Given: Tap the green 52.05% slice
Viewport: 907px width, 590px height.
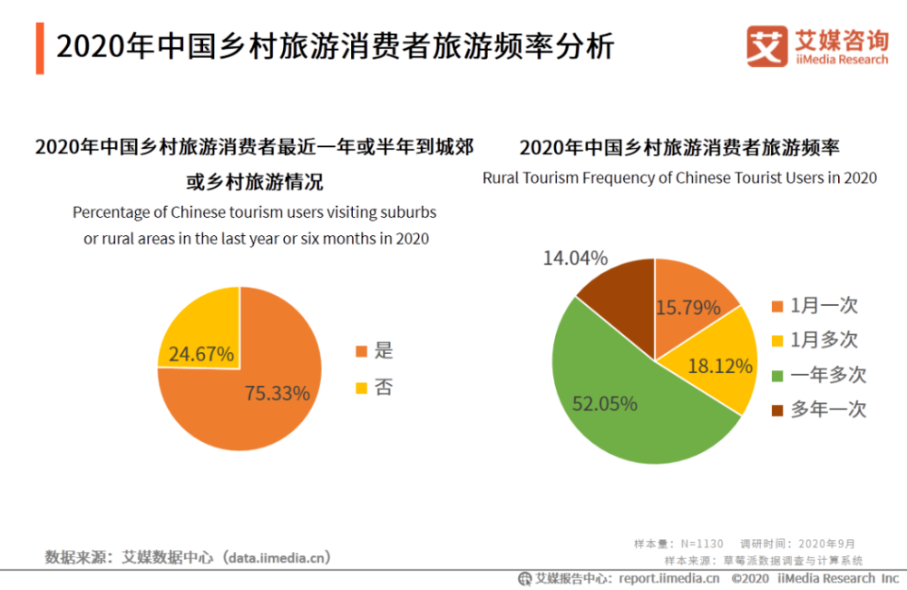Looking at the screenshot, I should [617, 399].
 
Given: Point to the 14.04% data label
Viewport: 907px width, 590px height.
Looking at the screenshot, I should [575, 258].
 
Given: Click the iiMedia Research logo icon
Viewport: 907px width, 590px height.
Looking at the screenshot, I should [766, 45].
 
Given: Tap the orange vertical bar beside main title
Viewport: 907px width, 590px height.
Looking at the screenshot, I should [40, 48].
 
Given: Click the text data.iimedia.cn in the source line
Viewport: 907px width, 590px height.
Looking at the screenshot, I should [277, 556].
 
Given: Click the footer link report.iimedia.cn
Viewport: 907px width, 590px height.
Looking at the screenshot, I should [669, 578].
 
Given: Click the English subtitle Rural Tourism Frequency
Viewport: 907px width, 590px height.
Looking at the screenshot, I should [679, 178].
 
